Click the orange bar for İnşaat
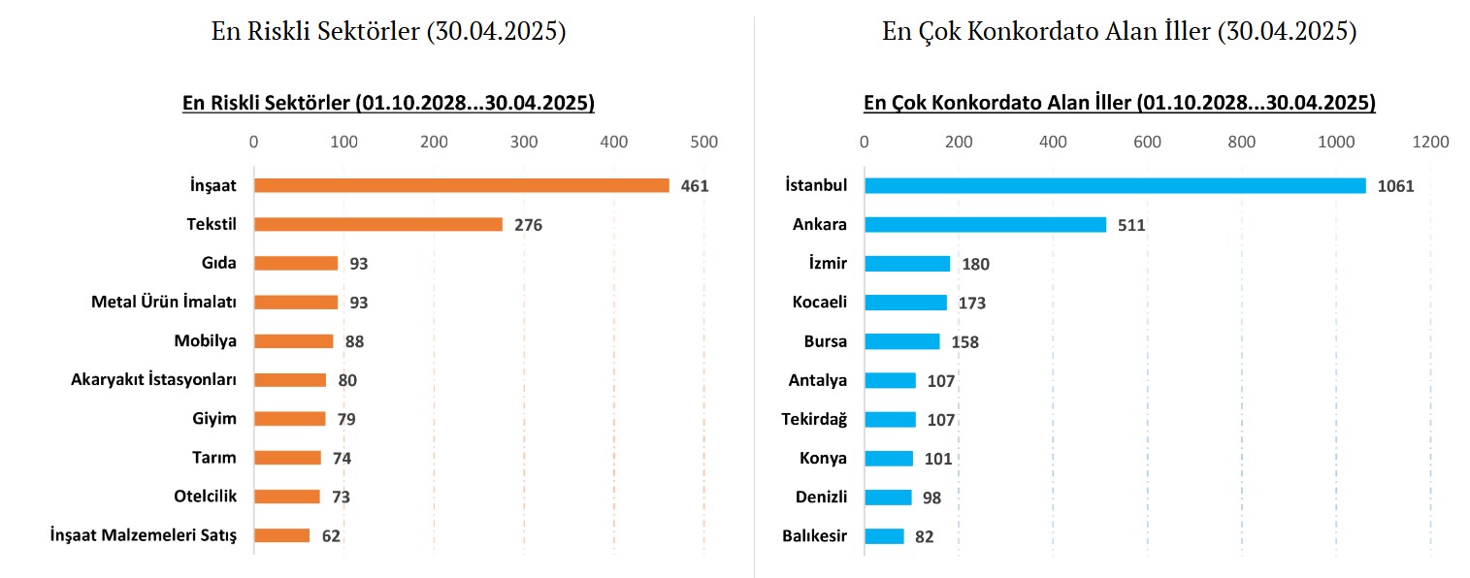[461, 185]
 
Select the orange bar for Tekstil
[378, 224]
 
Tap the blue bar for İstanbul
[1115, 185]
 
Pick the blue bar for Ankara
[985, 224]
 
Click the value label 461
[695, 186]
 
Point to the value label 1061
[1395, 186]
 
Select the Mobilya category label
[205, 340]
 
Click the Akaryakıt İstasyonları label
[153, 379]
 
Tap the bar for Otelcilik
[287, 497]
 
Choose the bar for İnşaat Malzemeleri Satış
[282, 535]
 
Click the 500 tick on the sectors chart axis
[703, 143]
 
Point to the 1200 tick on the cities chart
[1430, 143]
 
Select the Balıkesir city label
[814, 535]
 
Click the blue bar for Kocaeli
[905, 303]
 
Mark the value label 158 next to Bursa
[964, 342]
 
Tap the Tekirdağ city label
[814, 419]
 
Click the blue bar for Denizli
[888, 497]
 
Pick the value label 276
[528, 225]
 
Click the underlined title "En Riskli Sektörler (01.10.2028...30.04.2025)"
[388, 103]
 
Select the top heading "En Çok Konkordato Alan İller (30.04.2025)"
[1119, 32]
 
